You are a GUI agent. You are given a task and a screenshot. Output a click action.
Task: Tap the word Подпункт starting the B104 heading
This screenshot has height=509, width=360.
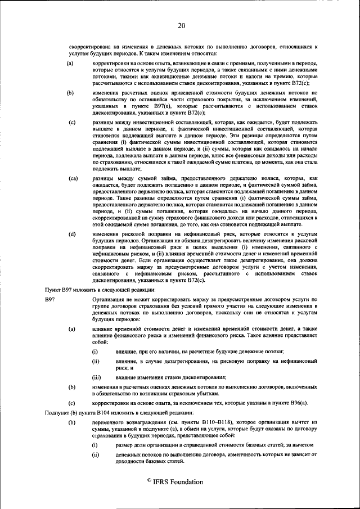pyautogui.click(x=57, y=412)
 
